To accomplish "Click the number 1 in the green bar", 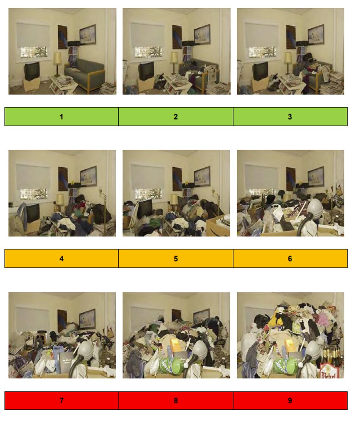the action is (61, 117).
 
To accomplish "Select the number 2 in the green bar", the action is (176, 117).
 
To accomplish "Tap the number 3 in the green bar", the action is (290, 117).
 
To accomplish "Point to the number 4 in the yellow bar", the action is (61, 259).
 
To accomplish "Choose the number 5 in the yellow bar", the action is (176, 259).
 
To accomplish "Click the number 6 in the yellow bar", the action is (290, 259).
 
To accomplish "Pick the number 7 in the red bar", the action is (61, 401).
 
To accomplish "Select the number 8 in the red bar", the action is (176, 401).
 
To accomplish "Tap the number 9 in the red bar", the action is (290, 401).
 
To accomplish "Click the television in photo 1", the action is (32, 70).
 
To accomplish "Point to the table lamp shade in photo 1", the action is (57, 58).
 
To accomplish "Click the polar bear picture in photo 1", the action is (87, 35).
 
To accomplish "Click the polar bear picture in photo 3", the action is (316, 35).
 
